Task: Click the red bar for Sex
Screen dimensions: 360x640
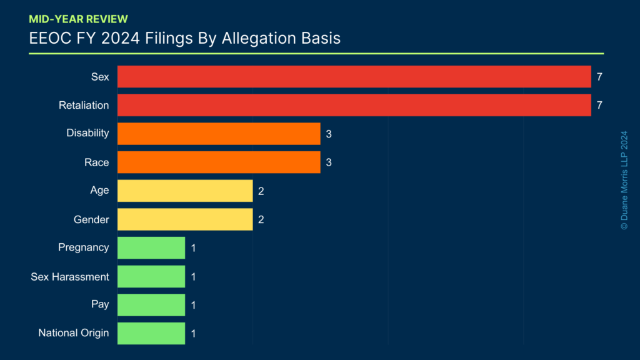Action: click(x=354, y=77)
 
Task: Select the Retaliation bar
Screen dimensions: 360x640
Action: click(x=354, y=105)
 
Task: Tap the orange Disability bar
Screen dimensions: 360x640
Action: click(x=219, y=134)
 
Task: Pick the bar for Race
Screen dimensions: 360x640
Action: click(x=219, y=162)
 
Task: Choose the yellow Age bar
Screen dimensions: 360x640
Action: click(x=185, y=191)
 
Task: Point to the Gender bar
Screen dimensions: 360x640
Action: click(x=185, y=219)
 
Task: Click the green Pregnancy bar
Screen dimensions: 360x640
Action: click(x=151, y=247)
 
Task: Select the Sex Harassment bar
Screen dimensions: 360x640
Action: click(x=151, y=276)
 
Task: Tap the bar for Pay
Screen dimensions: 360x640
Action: click(x=151, y=304)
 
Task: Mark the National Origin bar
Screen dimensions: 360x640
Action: click(x=151, y=333)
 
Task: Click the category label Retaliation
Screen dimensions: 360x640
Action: click(x=84, y=105)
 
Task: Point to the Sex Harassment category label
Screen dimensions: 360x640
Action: click(x=70, y=276)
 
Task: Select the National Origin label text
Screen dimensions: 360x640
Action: click(x=74, y=333)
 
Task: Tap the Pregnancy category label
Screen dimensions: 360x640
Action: click(x=84, y=247)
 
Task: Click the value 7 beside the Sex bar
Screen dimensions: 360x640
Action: click(x=599, y=77)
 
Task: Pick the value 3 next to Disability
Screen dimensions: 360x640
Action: click(x=328, y=134)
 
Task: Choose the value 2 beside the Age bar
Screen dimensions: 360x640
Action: click(x=261, y=191)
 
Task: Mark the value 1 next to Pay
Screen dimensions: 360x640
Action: click(x=193, y=305)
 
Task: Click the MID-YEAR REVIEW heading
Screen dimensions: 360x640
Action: click(x=78, y=19)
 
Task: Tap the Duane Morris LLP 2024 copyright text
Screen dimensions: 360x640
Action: click(x=624, y=180)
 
